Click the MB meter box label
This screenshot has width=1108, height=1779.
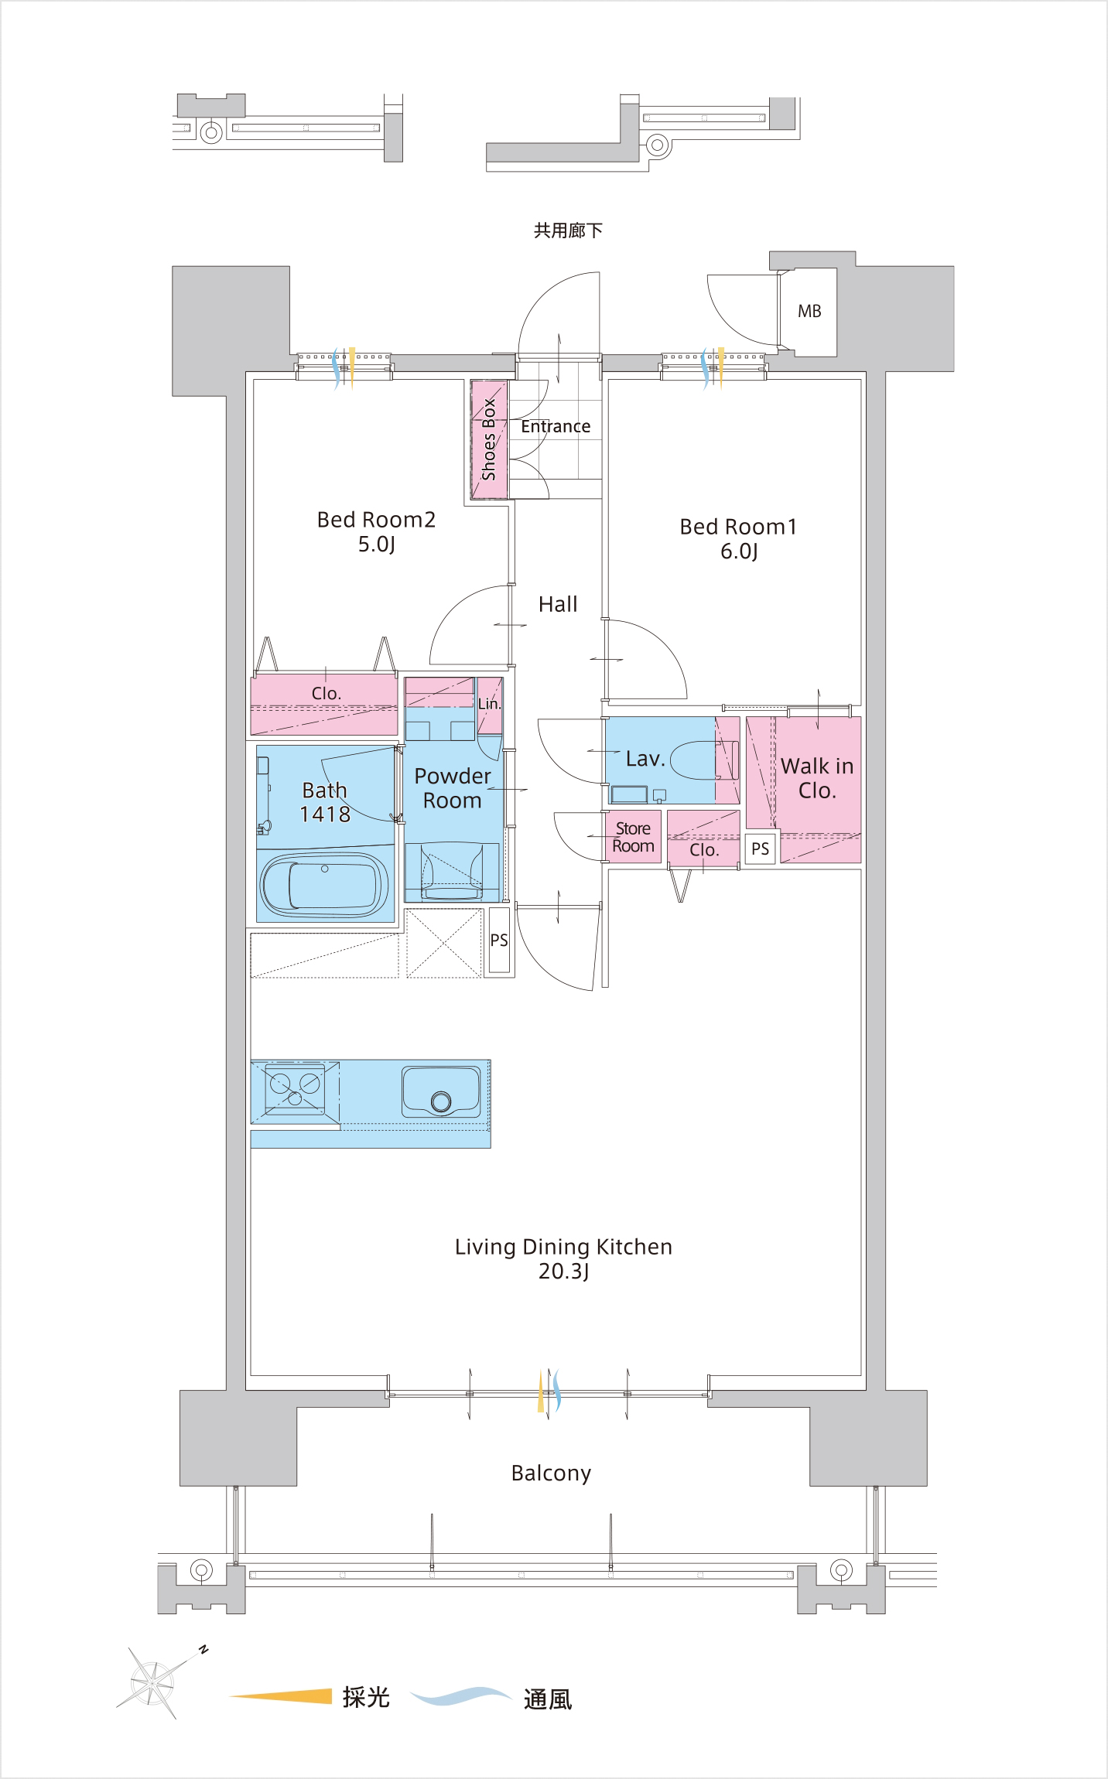809,311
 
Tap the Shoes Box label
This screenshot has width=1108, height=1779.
489,439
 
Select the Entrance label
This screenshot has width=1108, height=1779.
556,426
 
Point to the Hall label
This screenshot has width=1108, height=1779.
558,604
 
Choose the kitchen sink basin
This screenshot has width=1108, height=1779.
441,1091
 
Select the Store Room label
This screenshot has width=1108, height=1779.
633,837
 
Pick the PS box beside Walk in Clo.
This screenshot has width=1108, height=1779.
761,849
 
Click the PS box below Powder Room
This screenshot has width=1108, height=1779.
499,940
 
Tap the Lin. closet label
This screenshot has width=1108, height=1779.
489,704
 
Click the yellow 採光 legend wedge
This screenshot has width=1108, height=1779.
281,1695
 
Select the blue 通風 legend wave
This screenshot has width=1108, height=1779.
460,1695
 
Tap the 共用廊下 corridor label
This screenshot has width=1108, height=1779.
568,230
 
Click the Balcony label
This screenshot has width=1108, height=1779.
551,1473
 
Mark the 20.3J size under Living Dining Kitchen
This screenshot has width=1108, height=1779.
564,1272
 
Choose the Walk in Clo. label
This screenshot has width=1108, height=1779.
817,778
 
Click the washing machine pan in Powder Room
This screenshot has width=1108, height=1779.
452,872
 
